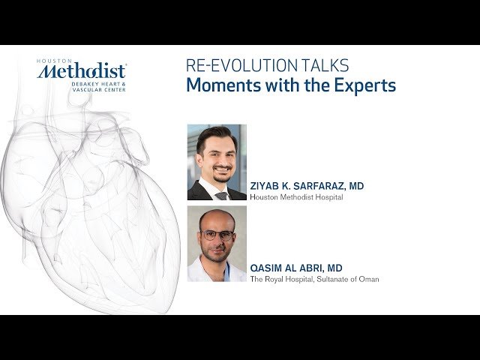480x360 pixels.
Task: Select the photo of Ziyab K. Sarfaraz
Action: pyautogui.click(x=217, y=162)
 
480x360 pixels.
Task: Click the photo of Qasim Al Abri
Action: pyautogui.click(x=217, y=244)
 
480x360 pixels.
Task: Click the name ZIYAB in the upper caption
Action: pyautogui.click(x=266, y=186)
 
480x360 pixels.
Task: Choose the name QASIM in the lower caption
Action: pyautogui.click(x=267, y=268)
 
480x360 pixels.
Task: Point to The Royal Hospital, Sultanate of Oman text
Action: pyautogui.click(x=314, y=279)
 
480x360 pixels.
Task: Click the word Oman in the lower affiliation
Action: pyautogui.click(x=370, y=279)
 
